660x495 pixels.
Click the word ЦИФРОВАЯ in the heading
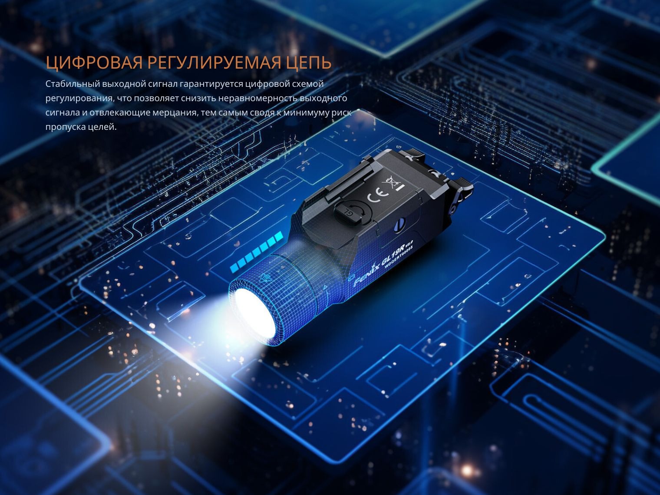click(94, 63)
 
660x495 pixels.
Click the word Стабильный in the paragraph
click(73, 84)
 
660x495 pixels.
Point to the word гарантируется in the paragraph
click(211, 84)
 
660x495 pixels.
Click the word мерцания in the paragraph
click(175, 113)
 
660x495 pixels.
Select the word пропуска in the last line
click(65, 127)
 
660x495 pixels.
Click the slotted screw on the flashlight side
click(400, 224)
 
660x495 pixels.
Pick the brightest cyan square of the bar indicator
click(279, 236)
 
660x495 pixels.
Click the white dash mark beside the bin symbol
click(400, 188)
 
